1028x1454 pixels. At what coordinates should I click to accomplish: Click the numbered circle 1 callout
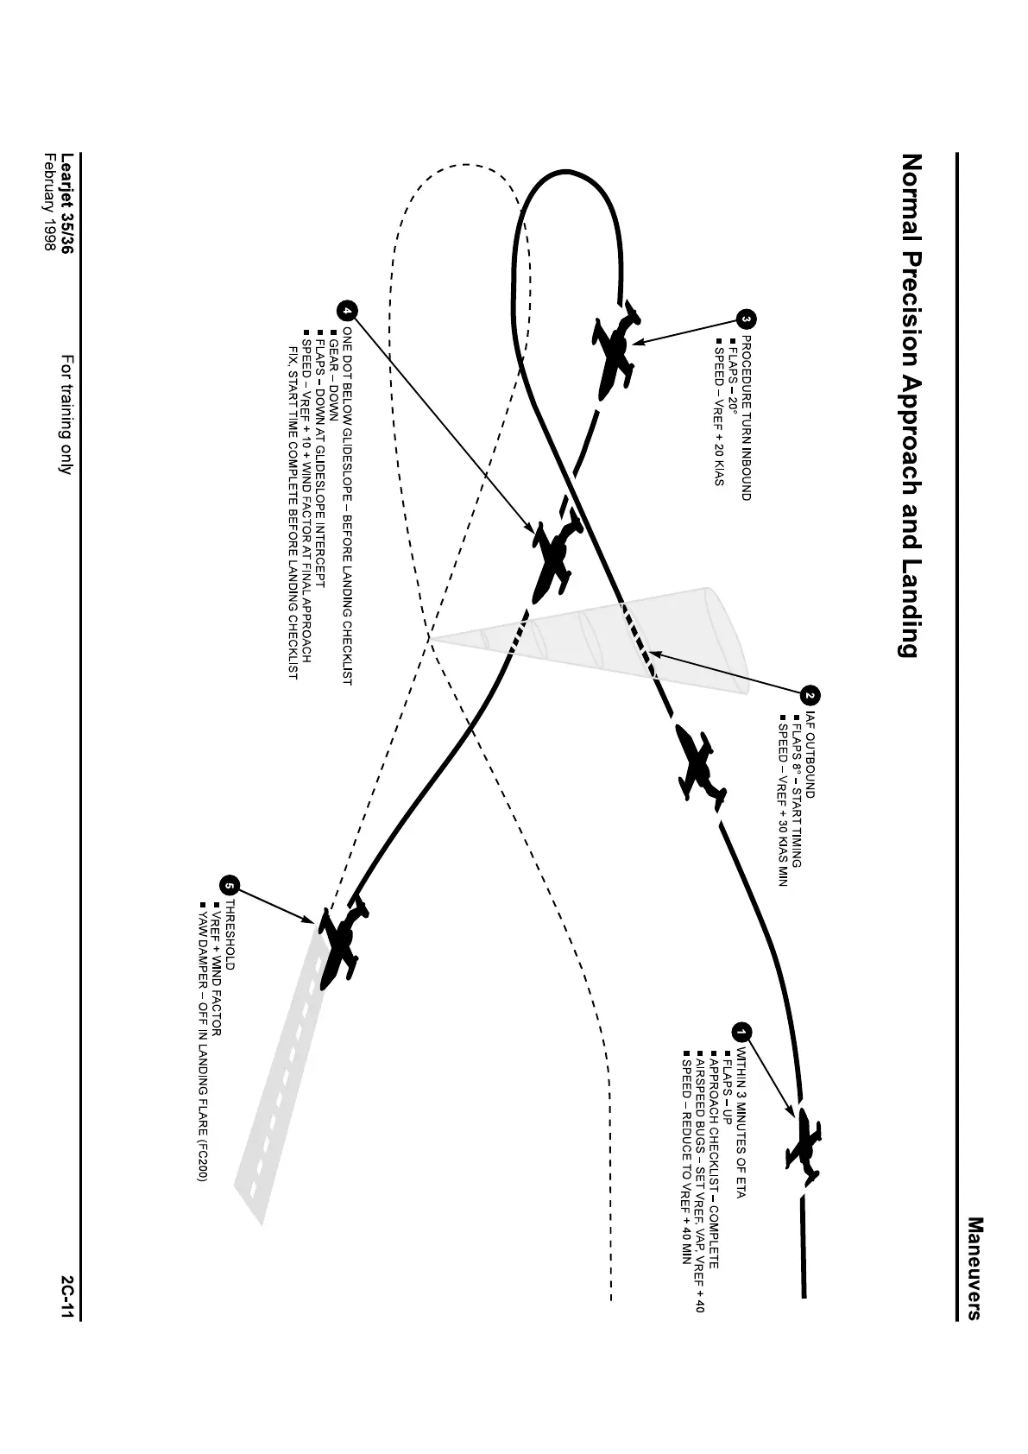(x=741, y=1031)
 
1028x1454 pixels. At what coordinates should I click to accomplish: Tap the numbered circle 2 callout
(x=810, y=696)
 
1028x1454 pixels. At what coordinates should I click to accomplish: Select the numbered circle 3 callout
(x=747, y=319)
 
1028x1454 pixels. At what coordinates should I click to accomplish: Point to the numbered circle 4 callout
(x=346, y=310)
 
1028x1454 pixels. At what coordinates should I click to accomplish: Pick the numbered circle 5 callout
(x=229, y=886)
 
